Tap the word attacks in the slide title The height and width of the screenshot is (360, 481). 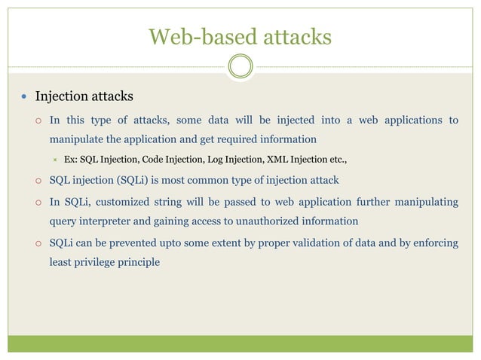[x=292, y=36]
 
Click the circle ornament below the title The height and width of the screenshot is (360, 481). [x=240, y=67]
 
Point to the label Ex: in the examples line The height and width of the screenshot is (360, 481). [x=71, y=160]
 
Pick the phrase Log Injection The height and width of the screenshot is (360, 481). [x=232, y=160]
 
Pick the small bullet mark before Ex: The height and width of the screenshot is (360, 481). [x=56, y=160]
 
